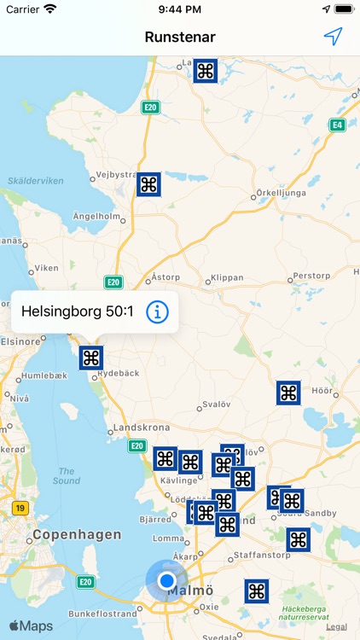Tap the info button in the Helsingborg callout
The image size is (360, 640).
click(158, 312)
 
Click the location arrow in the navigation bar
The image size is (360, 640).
click(333, 37)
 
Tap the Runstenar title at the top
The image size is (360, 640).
click(180, 37)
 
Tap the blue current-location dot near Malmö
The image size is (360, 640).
click(166, 581)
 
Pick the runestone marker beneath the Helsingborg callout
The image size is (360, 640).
click(91, 358)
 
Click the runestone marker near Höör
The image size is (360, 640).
click(288, 393)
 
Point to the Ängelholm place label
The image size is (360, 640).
click(93, 217)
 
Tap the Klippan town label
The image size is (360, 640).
click(225, 278)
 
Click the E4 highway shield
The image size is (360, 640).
click(339, 125)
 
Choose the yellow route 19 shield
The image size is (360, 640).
click(20, 509)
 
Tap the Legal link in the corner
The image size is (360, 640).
click(336, 626)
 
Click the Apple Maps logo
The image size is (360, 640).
click(32, 626)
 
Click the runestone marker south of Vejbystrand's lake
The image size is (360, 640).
click(148, 184)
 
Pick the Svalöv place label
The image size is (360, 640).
click(215, 406)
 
